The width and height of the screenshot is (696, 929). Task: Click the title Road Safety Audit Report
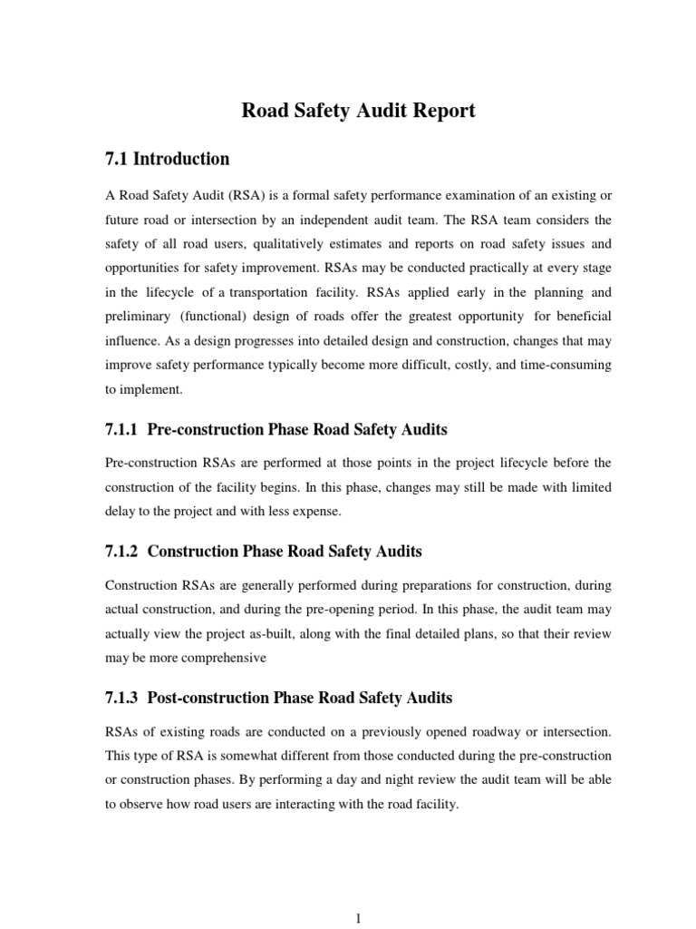(357, 112)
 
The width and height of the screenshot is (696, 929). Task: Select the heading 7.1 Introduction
(168, 160)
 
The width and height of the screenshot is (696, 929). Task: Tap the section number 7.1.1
(122, 428)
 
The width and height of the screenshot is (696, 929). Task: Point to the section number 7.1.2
(122, 552)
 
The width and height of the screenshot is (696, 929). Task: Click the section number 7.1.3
(122, 699)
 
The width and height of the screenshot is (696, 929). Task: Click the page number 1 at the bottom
(359, 919)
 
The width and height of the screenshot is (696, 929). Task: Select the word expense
(314, 512)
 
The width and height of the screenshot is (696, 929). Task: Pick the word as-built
(291, 634)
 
